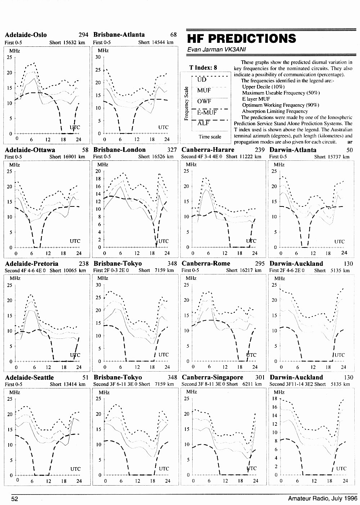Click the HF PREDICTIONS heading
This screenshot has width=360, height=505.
pos(242,38)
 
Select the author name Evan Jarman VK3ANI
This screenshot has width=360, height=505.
pos(216,50)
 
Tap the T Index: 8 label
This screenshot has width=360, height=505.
pos(203,67)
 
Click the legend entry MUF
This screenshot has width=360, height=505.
pos(204,90)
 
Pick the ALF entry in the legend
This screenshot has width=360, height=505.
pos(203,123)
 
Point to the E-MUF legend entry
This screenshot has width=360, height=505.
pos(207,112)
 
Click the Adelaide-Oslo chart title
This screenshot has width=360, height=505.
pos(26,35)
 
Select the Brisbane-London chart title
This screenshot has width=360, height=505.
pos(120,150)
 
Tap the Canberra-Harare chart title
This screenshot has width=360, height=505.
pos(208,150)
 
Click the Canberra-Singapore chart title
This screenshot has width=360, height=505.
pos(212,377)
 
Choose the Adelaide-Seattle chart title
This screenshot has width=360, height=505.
pos(30,377)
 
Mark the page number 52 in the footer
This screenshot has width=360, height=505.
pos(15,499)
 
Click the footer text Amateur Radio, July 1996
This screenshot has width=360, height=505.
pos(323,498)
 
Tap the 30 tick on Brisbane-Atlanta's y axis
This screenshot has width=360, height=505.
pos(98,57)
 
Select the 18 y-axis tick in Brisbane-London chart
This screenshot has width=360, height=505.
pos(98,179)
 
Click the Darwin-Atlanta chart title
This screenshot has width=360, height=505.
pos(293,150)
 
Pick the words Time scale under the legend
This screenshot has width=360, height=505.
pos(210,137)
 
